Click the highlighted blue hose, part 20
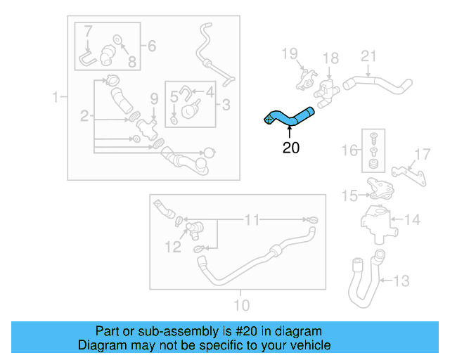(x=288, y=117)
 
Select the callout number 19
(x=290, y=53)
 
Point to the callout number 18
(x=330, y=57)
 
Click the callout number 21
(x=369, y=56)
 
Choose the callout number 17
(x=421, y=155)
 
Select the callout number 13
(x=400, y=281)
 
